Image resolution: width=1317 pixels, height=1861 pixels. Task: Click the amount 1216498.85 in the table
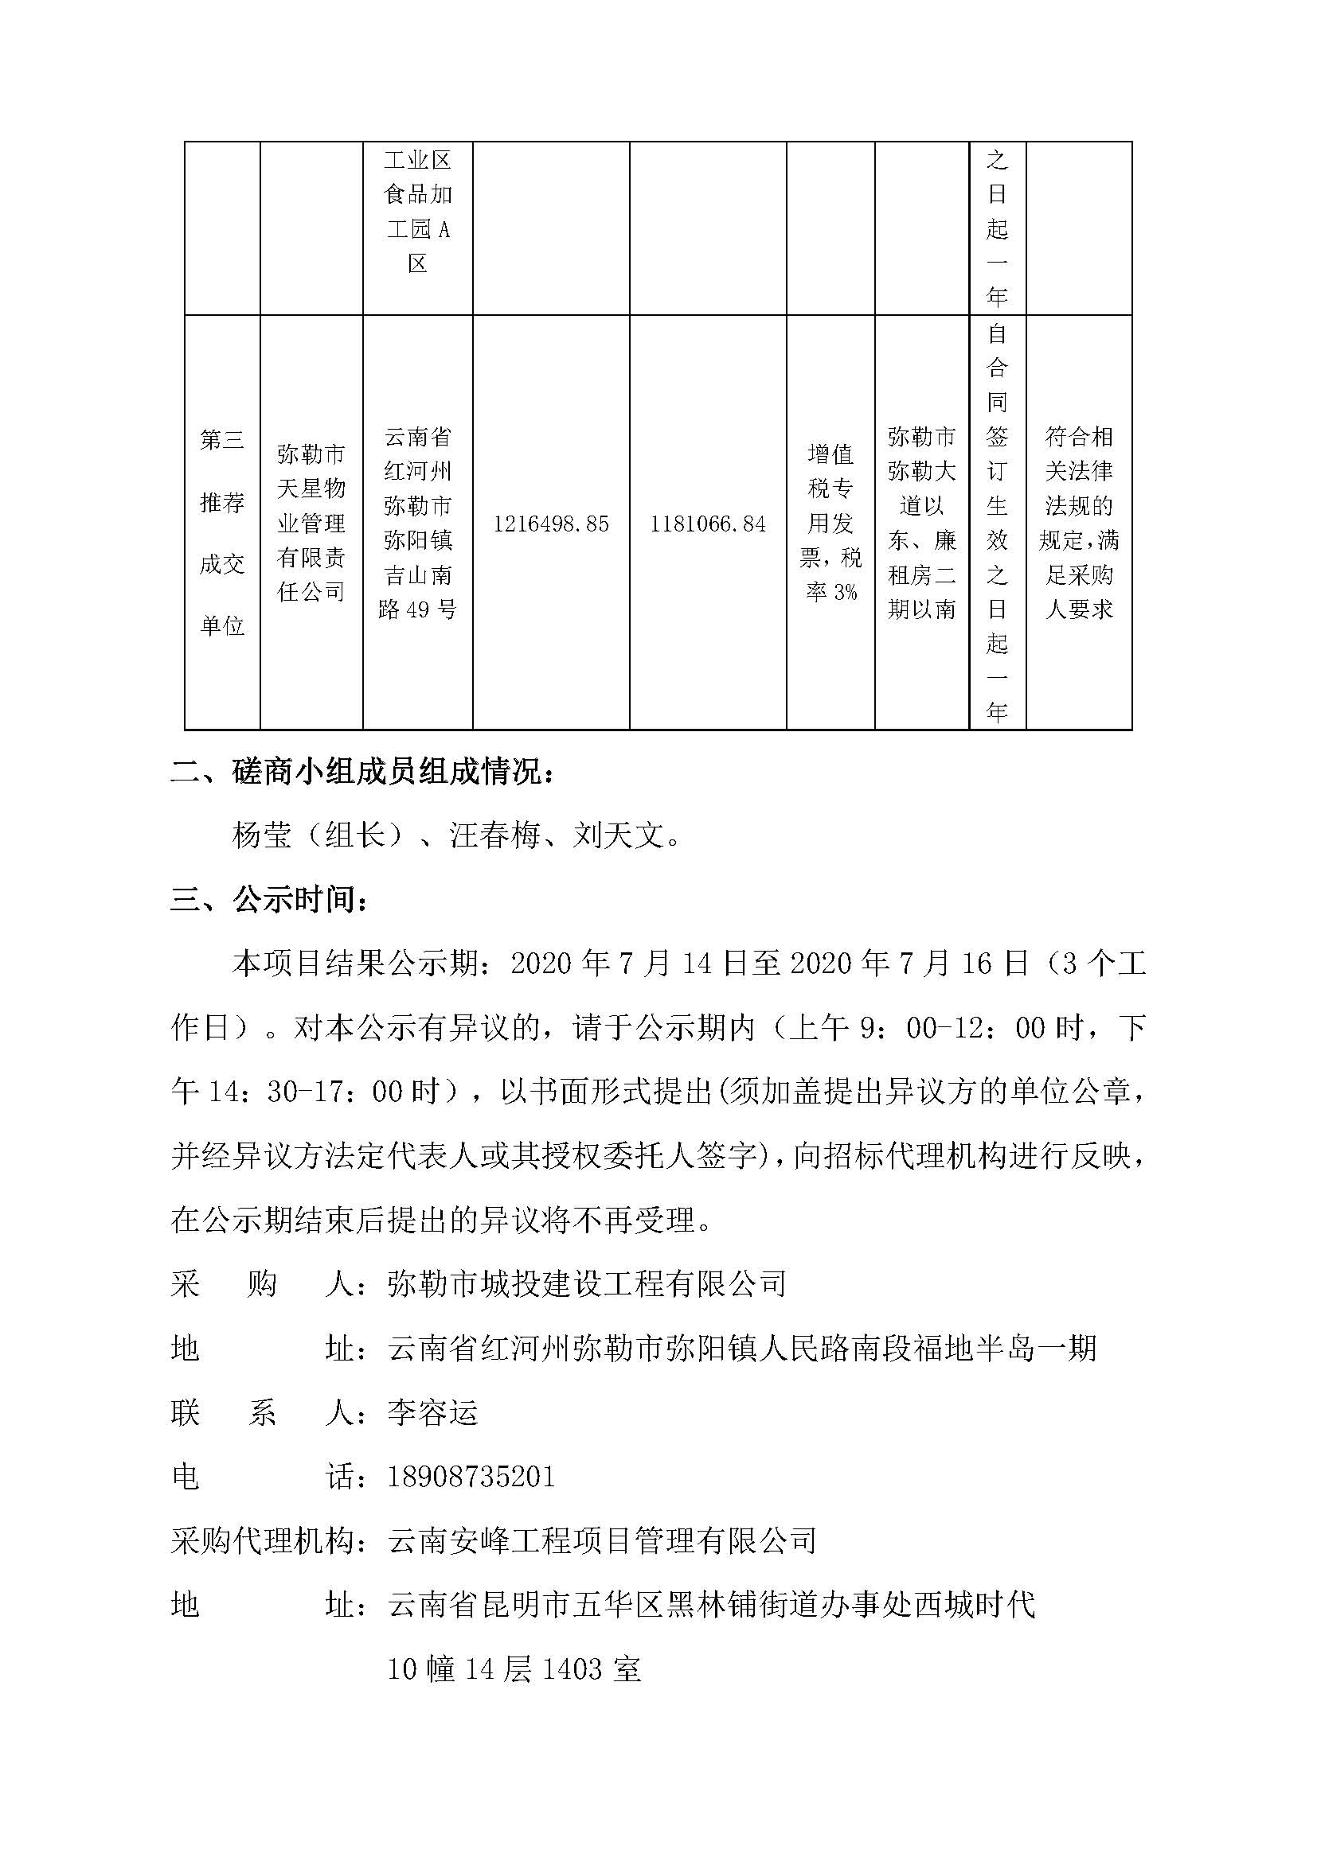[x=551, y=524]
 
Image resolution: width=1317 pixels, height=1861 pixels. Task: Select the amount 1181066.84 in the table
[x=707, y=524]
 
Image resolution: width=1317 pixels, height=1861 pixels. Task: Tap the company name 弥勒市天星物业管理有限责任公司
[x=311, y=523]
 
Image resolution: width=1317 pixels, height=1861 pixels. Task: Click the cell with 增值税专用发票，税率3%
[x=830, y=523]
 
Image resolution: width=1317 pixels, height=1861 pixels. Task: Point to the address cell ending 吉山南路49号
[x=418, y=523]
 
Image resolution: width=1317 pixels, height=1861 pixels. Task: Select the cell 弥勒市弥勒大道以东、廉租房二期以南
[x=922, y=523]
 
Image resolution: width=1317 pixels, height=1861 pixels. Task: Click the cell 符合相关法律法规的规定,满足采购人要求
[x=1079, y=523]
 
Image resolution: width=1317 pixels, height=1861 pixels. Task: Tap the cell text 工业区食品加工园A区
[x=418, y=212]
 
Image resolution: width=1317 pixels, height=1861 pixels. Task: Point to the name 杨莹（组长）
[x=317, y=835]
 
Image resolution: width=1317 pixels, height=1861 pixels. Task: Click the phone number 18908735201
[x=471, y=1476]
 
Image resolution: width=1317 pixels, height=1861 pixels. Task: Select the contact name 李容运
[x=433, y=1413]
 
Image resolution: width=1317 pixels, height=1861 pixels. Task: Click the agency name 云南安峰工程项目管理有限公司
[x=602, y=1541]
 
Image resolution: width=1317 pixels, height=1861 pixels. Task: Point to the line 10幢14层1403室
[x=514, y=1669]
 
